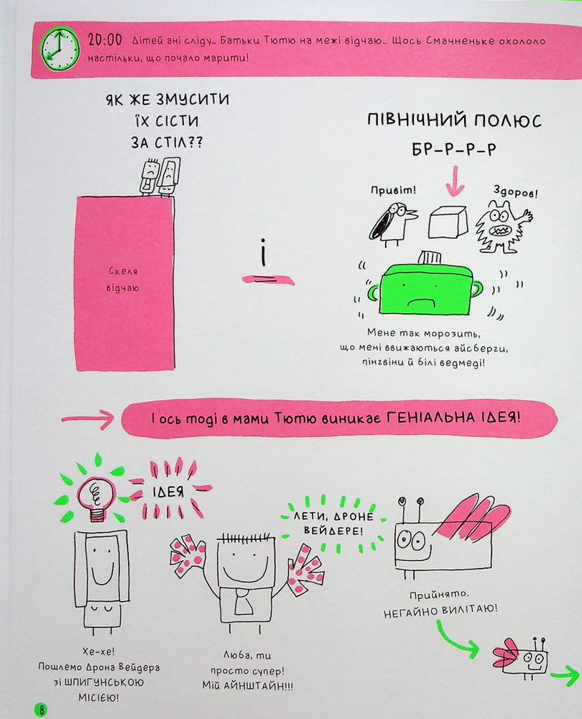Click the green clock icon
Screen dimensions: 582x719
tap(60, 49)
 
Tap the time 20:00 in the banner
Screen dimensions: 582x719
tap(105, 40)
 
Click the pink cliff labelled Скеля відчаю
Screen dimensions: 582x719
tap(125, 283)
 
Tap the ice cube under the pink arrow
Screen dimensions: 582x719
tap(448, 222)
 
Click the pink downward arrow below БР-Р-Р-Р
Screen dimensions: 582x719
tap(455, 182)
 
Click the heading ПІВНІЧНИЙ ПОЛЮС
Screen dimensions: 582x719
tap(454, 121)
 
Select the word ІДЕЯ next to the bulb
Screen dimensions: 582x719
tap(168, 492)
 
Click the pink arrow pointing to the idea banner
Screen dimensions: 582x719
tap(88, 419)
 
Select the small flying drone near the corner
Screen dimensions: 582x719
tap(521, 657)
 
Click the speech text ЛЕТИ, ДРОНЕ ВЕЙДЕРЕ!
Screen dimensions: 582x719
tap(333, 523)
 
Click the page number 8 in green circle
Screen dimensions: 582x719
tap(41, 710)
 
